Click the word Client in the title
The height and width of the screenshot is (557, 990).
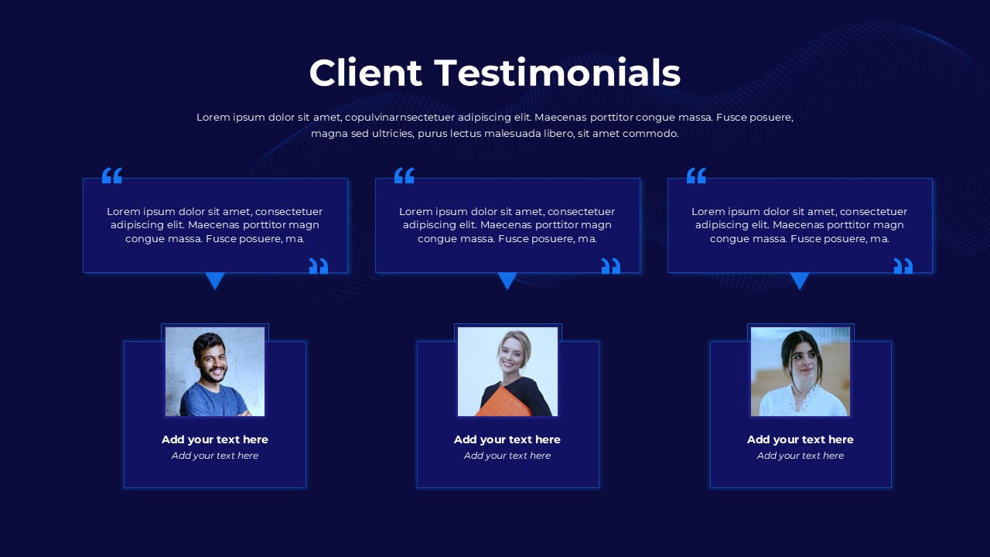[366, 73]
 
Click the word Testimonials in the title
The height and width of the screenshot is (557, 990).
[558, 73]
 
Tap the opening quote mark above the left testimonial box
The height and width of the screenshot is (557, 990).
[112, 176]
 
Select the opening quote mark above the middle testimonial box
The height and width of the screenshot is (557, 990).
[405, 176]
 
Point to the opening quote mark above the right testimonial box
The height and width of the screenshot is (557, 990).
[697, 176]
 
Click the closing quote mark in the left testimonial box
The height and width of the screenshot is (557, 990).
[319, 266]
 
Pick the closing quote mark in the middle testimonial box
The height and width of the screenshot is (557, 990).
[611, 266]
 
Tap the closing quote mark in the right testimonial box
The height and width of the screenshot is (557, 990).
[903, 266]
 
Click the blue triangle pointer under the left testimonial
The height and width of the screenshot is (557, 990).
[215, 280]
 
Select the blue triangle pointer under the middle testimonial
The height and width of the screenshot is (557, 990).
[507, 280]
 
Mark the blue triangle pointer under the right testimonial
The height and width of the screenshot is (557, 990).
[800, 280]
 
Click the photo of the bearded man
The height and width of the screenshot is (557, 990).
[215, 371]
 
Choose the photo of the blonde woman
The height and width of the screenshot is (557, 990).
[507, 371]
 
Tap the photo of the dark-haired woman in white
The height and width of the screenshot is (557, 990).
[800, 371]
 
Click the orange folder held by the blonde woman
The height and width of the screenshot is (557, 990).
[504, 402]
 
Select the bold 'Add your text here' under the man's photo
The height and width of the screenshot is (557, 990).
[215, 439]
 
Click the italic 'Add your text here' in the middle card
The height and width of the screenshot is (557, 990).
[507, 456]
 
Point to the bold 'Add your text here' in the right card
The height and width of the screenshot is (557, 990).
[800, 439]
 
